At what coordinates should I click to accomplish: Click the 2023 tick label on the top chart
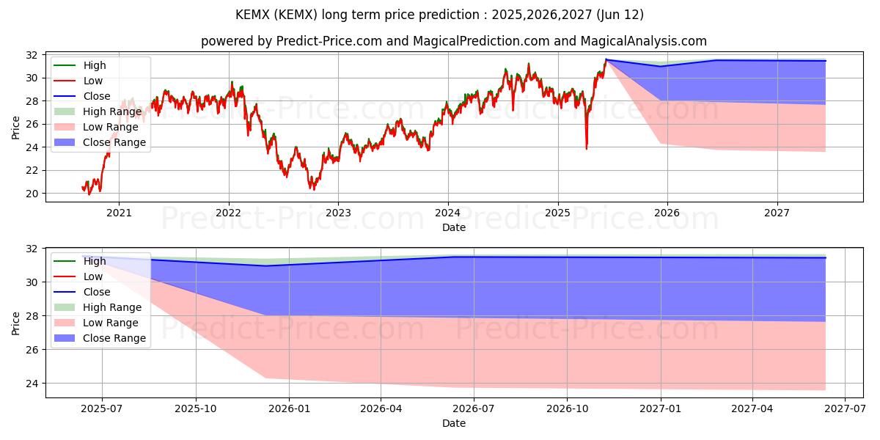coord(338,213)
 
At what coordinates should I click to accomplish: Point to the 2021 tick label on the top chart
coord(119,213)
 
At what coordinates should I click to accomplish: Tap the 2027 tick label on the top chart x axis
coord(777,213)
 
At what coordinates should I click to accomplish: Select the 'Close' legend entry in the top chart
coord(97,96)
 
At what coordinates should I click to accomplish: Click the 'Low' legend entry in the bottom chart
coord(93,276)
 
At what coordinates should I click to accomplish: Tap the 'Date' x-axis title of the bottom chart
coord(453,423)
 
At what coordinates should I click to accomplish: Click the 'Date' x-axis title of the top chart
coord(453,227)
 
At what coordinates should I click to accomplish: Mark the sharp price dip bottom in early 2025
coord(586,148)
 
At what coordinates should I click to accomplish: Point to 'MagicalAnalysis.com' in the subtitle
coord(644,41)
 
